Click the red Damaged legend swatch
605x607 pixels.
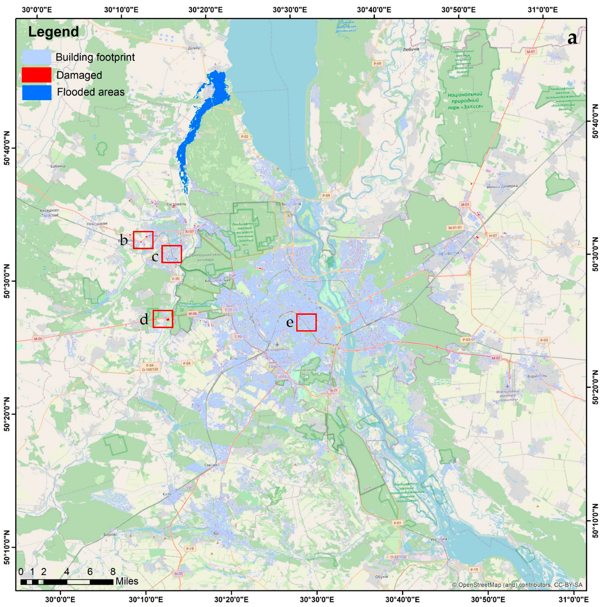pyautogui.click(x=36, y=75)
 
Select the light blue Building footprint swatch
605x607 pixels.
pyautogui.click(x=36, y=57)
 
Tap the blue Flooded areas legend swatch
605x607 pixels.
pyautogui.click(x=36, y=92)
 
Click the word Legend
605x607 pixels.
pyautogui.click(x=53, y=32)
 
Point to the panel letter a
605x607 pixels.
pyautogui.click(x=572, y=38)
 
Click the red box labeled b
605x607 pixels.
pyautogui.click(x=143, y=240)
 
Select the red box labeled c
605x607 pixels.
pyautogui.click(x=171, y=254)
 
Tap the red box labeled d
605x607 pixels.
pyautogui.click(x=163, y=319)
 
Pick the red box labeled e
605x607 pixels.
pyautogui.click(x=306, y=323)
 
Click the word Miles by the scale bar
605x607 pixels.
pyautogui.click(x=127, y=581)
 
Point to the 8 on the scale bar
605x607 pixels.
pyautogui.click(x=113, y=572)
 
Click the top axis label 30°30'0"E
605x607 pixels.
pyautogui.click(x=289, y=10)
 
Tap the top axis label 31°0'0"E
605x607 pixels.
pyautogui.click(x=543, y=10)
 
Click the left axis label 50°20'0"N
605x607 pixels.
pyautogui.click(x=7, y=414)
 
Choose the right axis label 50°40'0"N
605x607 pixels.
pyautogui.click(x=595, y=121)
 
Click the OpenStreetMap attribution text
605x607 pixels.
pyautogui.click(x=517, y=585)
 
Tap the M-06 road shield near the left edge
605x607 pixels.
pyautogui.click(x=38, y=339)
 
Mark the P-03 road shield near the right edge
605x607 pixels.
pyautogui.click(x=544, y=340)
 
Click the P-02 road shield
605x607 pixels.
pyautogui.click(x=244, y=137)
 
